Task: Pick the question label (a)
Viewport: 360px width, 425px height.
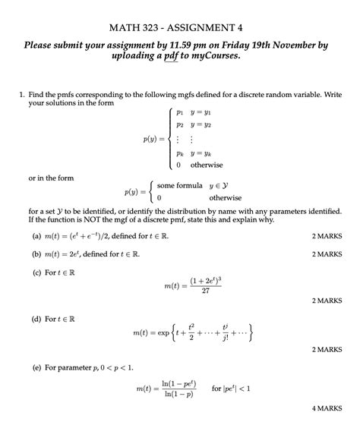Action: point(36,236)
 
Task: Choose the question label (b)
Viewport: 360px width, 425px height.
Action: point(36,255)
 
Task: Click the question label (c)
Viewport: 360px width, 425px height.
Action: point(36,273)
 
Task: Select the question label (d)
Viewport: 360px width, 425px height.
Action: point(36,319)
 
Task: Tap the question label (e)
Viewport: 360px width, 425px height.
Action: point(36,367)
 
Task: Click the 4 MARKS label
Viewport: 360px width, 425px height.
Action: point(327,408)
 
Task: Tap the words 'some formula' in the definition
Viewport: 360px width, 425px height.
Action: point(180,185)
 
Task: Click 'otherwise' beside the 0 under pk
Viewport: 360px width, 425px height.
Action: point(206,165)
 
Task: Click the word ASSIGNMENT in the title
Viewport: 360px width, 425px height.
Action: point(207,28)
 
